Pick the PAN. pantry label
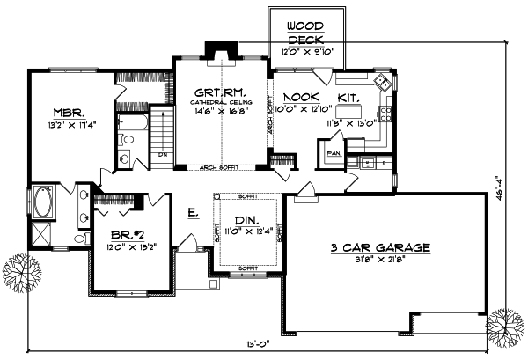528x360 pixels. (334, 153)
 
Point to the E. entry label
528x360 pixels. (192, 211)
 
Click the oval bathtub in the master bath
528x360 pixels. (43, 203)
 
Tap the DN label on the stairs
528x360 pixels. (162, 155)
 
